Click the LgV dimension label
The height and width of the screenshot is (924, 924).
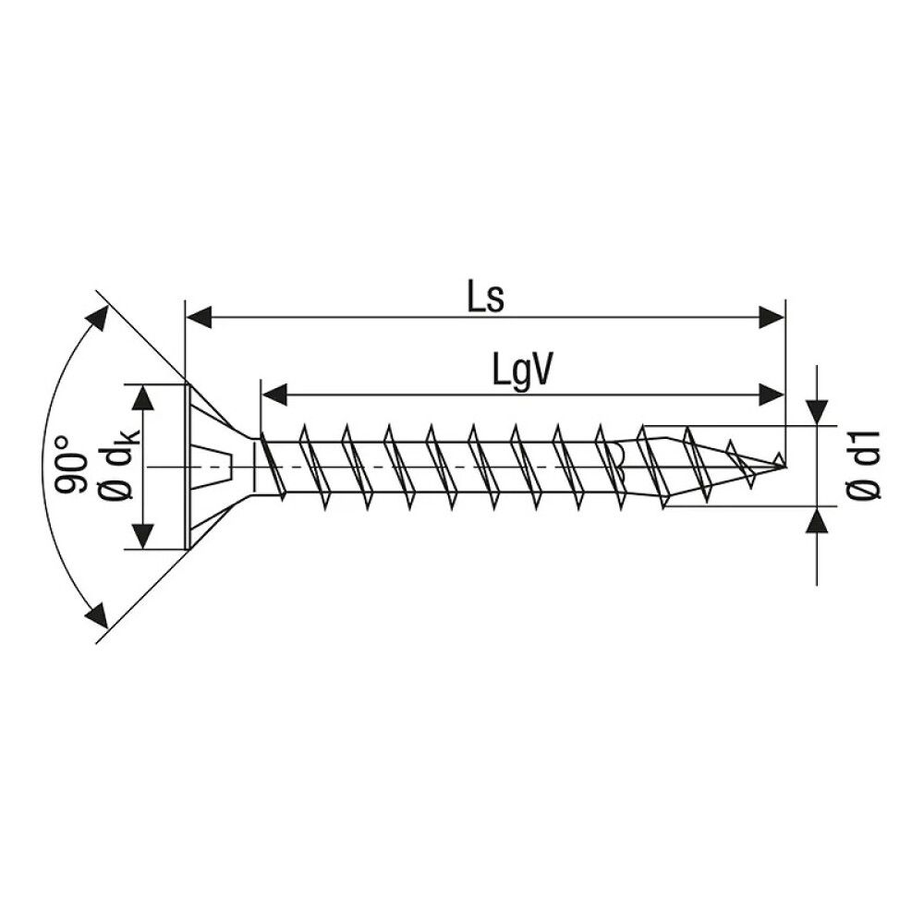click(x=522, y=372)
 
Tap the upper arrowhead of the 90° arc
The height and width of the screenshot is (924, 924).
click(x=95, y=320)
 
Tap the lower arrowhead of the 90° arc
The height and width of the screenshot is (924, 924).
click(x=95, y=614)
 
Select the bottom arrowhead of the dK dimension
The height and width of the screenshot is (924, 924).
click(x=143, y=535)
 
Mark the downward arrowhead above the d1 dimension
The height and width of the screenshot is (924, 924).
click(x=818, y=412)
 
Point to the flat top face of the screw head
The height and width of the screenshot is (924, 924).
click(x=188, y=467)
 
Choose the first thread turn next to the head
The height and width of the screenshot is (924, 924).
click(x=268, y=467)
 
